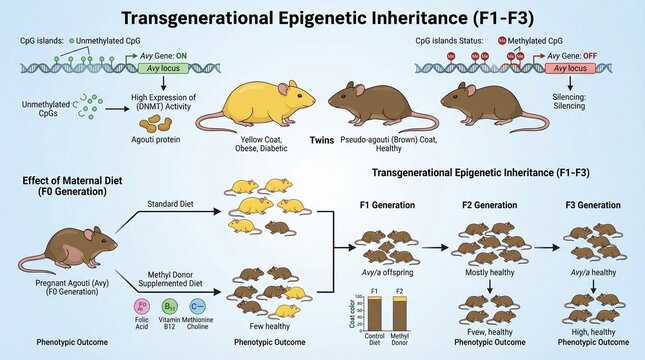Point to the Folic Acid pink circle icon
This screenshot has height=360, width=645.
141,304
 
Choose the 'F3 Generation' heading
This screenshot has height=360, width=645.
594,205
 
